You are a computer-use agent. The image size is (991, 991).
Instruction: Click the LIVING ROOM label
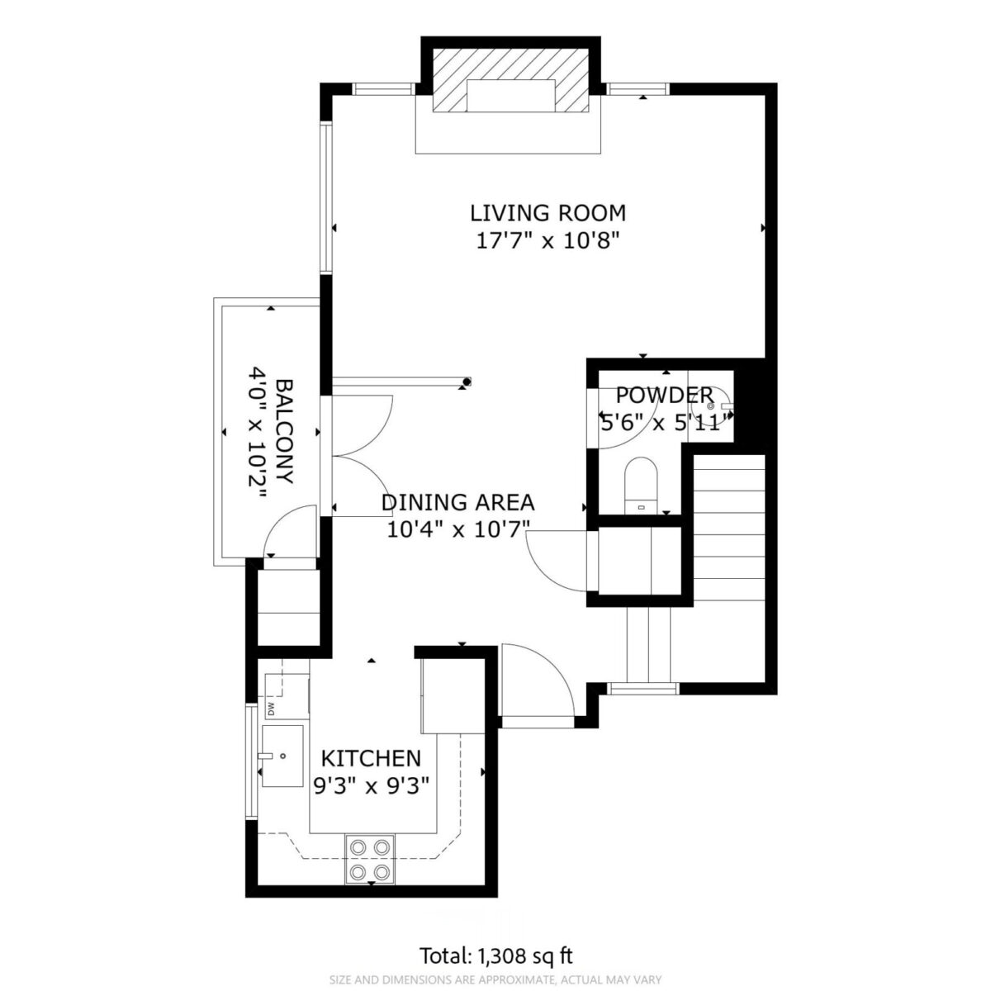(548, 213)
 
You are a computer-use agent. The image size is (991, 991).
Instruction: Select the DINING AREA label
(458, 502)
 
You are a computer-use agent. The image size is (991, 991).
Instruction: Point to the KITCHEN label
(371, 758)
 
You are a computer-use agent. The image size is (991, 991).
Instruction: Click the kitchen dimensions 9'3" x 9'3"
(371, 786)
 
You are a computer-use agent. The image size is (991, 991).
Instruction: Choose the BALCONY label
(285, 431)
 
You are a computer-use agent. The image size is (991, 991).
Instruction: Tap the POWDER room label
(665, 396)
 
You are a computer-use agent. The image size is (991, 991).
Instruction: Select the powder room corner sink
(713, 405)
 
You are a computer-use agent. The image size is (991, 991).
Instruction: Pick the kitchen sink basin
(282, 756)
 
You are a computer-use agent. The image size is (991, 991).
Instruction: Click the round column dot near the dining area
(467, 382)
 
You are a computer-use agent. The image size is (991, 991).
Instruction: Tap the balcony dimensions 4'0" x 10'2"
(258, 431)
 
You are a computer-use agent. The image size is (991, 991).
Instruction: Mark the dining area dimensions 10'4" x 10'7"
(458, 529)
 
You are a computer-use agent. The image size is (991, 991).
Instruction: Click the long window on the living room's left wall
(326, 197)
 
